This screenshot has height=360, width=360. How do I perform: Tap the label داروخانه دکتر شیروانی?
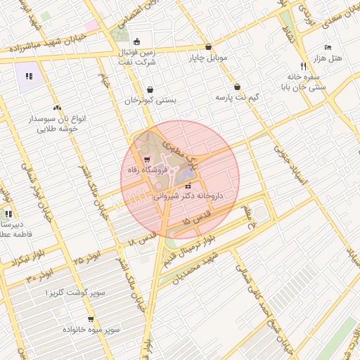point(188,197)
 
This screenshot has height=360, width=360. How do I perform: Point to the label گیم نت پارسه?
point(237,97)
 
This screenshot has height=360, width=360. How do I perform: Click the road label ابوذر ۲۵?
point(85,262)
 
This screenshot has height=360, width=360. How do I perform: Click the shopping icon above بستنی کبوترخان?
point(150,89)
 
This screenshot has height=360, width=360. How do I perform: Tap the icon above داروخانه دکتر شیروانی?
point(188,186)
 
